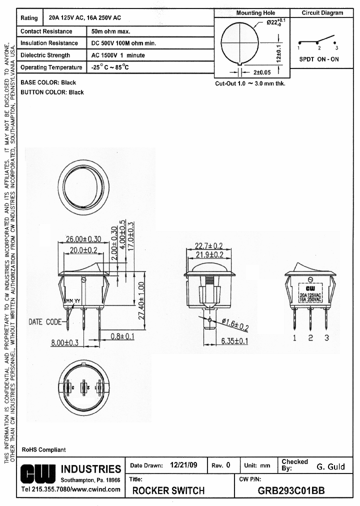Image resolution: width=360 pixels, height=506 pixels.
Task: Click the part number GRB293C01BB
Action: (291, 490)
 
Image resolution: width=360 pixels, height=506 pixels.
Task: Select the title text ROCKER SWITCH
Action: (168, 490)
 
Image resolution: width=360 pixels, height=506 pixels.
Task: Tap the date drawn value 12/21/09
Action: (183, 465)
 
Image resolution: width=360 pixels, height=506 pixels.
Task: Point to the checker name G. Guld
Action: (330, 466)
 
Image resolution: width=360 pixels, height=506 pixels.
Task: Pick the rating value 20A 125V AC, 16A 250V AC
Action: (84, 18)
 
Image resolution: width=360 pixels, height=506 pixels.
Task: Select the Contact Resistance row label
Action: (46, 31)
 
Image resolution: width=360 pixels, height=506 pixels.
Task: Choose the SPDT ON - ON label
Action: (318, 59)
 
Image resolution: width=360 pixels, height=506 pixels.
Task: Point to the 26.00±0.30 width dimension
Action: (83, 239)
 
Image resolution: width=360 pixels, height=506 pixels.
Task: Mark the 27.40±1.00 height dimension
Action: (141, 301)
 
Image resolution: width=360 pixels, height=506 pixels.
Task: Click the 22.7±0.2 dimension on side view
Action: (208, 245)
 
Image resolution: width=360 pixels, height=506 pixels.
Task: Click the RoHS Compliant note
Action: (43, 449)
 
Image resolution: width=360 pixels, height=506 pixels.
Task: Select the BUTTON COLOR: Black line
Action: (52, 92)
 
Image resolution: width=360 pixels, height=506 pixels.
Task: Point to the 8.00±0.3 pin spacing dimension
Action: (65, 342)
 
